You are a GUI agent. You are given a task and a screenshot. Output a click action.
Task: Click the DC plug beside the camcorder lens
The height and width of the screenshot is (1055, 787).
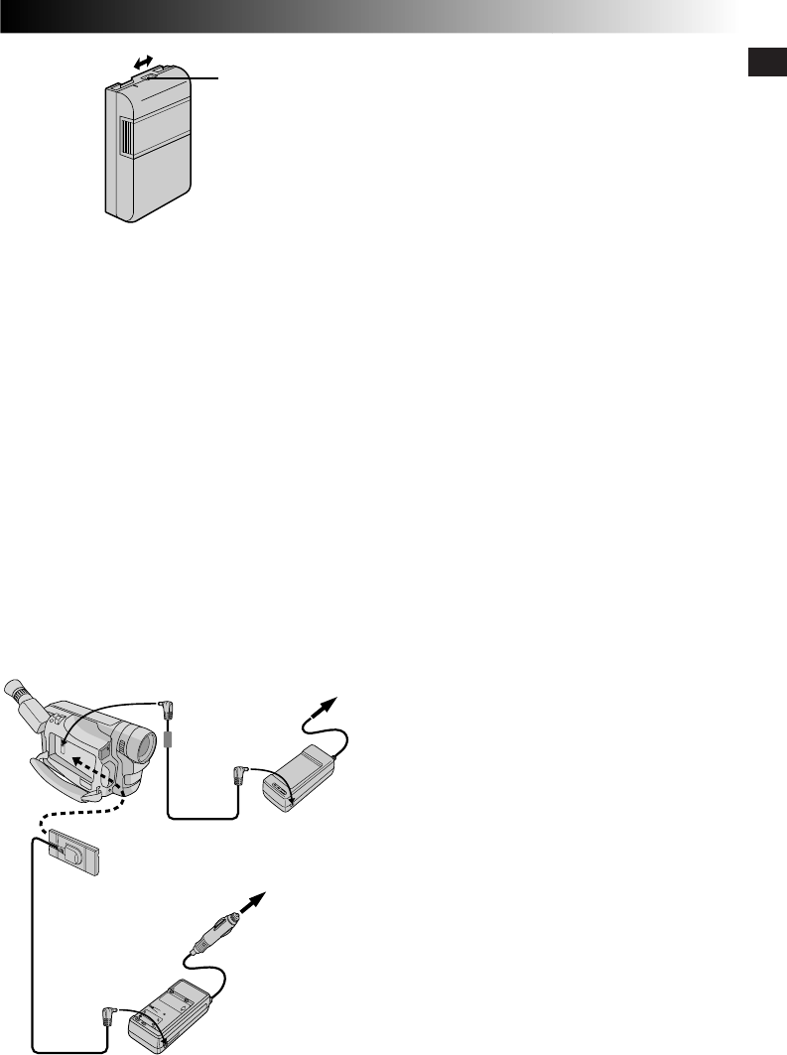168,711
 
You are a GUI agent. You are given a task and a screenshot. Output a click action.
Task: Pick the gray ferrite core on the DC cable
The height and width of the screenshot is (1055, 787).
169,740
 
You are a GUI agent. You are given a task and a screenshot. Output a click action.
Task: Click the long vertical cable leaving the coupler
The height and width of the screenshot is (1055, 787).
32,943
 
